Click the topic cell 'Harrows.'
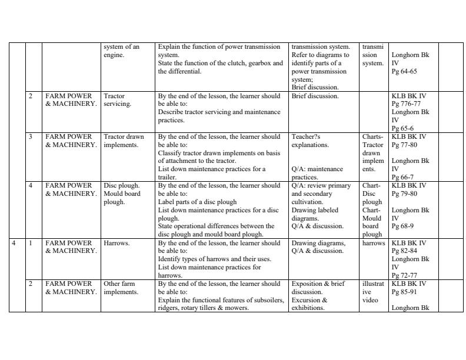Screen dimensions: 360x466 point(116,243)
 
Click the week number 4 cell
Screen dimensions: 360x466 point(14,243)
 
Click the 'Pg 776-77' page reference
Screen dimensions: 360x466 point(407,104)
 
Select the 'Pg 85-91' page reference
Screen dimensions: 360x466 point(404,291)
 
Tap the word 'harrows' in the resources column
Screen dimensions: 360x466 point(374,243)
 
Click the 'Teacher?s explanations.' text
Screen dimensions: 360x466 point(310,141)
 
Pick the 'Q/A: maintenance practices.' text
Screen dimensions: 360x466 point(317,173)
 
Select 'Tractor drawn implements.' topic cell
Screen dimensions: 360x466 point(123,141)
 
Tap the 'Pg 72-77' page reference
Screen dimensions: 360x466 point(404,275)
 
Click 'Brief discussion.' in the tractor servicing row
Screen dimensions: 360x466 point(315,96)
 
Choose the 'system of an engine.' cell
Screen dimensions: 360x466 point(121,51)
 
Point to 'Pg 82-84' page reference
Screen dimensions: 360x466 point(404,251)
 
